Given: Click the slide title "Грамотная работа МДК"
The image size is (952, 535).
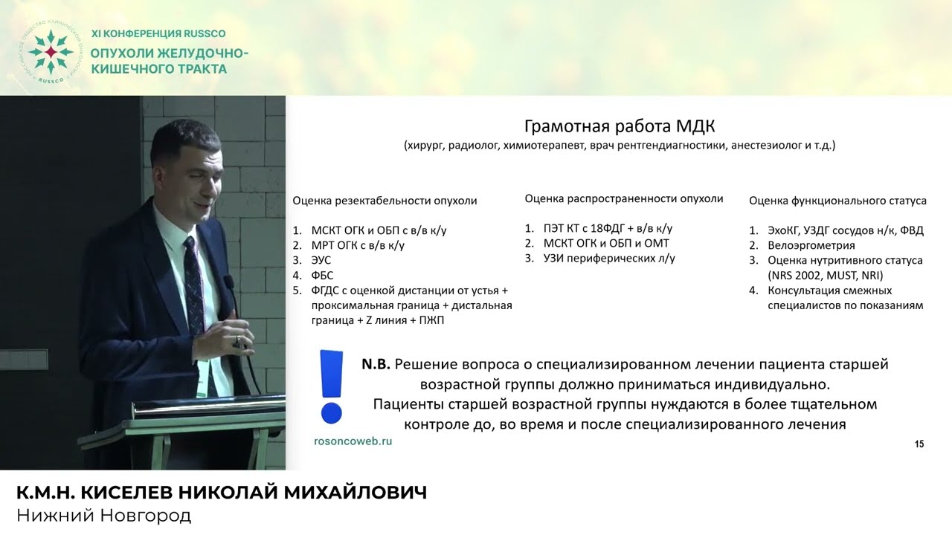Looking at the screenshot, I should [620, 126].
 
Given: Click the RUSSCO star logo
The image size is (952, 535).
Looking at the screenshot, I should [50, 53].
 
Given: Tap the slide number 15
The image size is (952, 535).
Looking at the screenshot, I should [919, 444].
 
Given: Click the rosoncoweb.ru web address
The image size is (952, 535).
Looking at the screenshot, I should [353, 441].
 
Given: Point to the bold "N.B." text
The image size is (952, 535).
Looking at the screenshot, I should [376, 365].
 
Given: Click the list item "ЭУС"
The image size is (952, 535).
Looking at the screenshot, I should [321, 260].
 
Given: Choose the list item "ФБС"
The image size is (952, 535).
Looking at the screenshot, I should [321, 275].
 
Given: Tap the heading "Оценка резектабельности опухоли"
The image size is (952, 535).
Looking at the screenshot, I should [385, 201].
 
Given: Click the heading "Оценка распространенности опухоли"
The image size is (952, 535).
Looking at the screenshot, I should [623, 198].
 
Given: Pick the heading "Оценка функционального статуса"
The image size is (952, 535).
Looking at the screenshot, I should [837, 201].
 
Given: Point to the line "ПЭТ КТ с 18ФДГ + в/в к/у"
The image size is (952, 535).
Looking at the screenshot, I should [608, 228].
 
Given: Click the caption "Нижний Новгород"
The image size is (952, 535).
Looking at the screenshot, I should [103, 515].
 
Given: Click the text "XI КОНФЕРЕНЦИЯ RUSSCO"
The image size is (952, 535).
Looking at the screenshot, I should [158, 33].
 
